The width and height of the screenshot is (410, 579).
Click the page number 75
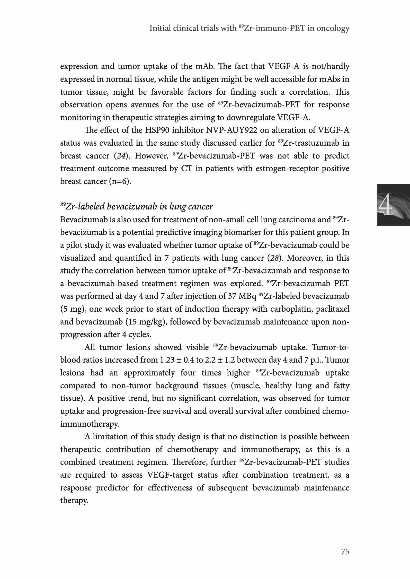(345, 552)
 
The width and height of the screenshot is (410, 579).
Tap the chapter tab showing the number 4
(393, 205)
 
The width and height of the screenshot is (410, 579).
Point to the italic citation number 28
(274, 258)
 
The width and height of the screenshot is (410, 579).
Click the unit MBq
(247, 296)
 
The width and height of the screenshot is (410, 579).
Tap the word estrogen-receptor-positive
(302, 169)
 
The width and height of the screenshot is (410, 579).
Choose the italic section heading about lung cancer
(136, 206)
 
